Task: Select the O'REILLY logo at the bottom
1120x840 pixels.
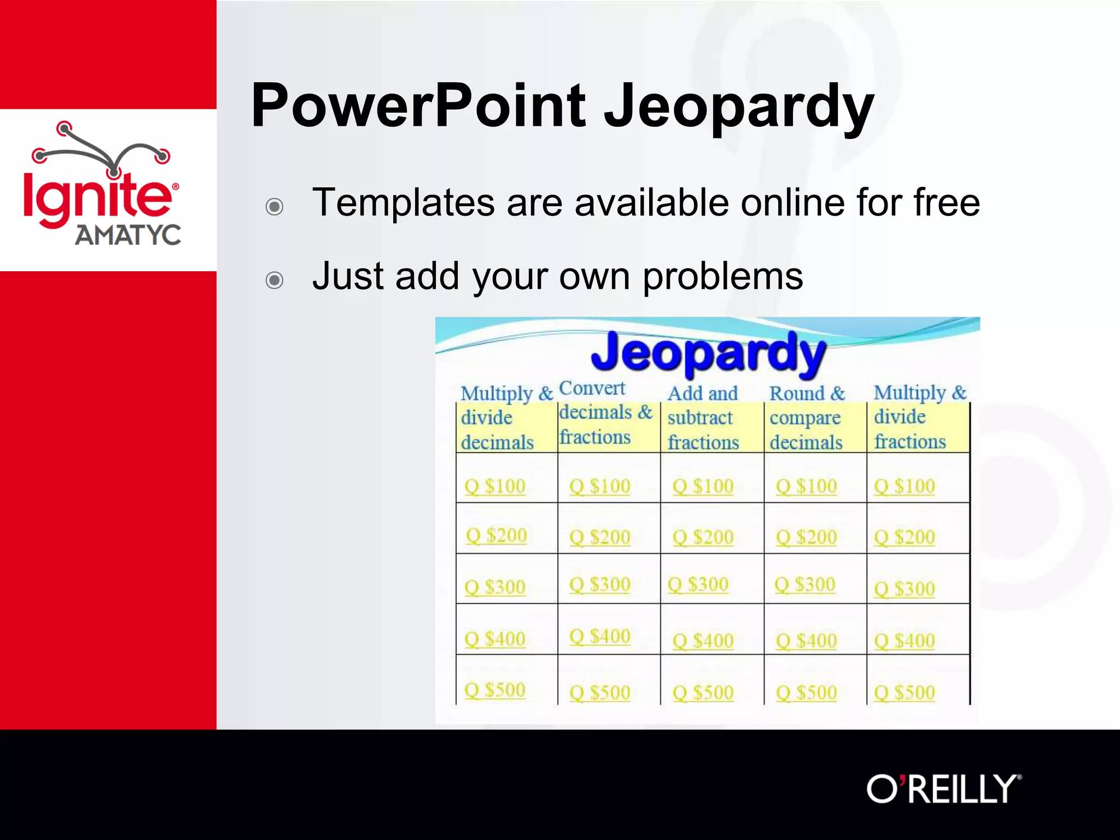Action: point(943,789)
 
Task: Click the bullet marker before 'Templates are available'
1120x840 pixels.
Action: point(274,207)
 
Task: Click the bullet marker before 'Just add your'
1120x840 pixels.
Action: point(274,280)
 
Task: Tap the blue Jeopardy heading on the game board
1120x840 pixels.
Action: point(708,353)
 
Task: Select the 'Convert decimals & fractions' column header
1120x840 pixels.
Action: point(604,413)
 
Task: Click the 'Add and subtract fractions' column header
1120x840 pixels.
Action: point(703,418)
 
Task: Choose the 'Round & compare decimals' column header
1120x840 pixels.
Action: point(807,418)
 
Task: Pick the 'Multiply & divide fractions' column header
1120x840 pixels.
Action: point(919,417)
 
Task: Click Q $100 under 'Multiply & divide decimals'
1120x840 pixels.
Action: point(495,486)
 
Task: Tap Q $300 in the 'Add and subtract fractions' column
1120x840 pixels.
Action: point(698,585)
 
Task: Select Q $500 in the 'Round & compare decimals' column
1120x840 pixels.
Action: point(806,693)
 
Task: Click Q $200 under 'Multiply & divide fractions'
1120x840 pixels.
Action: point(905,537)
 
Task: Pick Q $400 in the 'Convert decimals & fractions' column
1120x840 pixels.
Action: point(600,636)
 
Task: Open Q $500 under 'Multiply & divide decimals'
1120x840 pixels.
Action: point(495,690)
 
